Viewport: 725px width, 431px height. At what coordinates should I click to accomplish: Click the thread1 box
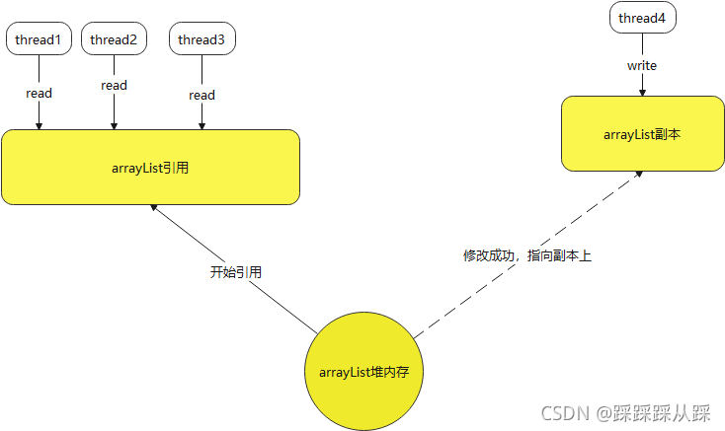pos(39,39)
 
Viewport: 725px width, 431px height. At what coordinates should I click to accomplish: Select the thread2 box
pos(114,39)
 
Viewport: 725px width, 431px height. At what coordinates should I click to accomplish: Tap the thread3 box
pos(201,39)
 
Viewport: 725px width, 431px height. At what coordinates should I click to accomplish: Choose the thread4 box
pos(643,19)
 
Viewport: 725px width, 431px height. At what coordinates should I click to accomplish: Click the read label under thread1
pos(39,93)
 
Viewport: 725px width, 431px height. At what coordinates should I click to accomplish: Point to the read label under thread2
pos(114,85)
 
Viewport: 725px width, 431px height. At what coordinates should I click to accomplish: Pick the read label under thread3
pos(201,95)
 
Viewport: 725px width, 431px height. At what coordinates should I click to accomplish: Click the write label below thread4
pos(642,65)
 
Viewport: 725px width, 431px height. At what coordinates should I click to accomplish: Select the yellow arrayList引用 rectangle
pos(150,167)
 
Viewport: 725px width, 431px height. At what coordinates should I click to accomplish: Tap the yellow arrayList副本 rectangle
pos(642,133)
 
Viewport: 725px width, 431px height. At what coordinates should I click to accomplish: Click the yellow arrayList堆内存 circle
pos(364,372)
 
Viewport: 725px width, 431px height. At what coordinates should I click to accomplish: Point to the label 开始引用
pos(236,271)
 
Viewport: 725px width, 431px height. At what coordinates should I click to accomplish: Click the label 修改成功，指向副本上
pos(526,254)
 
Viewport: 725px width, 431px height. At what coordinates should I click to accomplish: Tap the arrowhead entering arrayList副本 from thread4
pos(642,92)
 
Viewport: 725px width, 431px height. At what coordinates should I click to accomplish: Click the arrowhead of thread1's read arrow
pos(39,125)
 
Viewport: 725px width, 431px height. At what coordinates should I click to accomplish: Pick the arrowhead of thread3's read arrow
pos(201,125)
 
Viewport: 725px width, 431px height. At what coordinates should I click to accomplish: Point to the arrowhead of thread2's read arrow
pos(114,125)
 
